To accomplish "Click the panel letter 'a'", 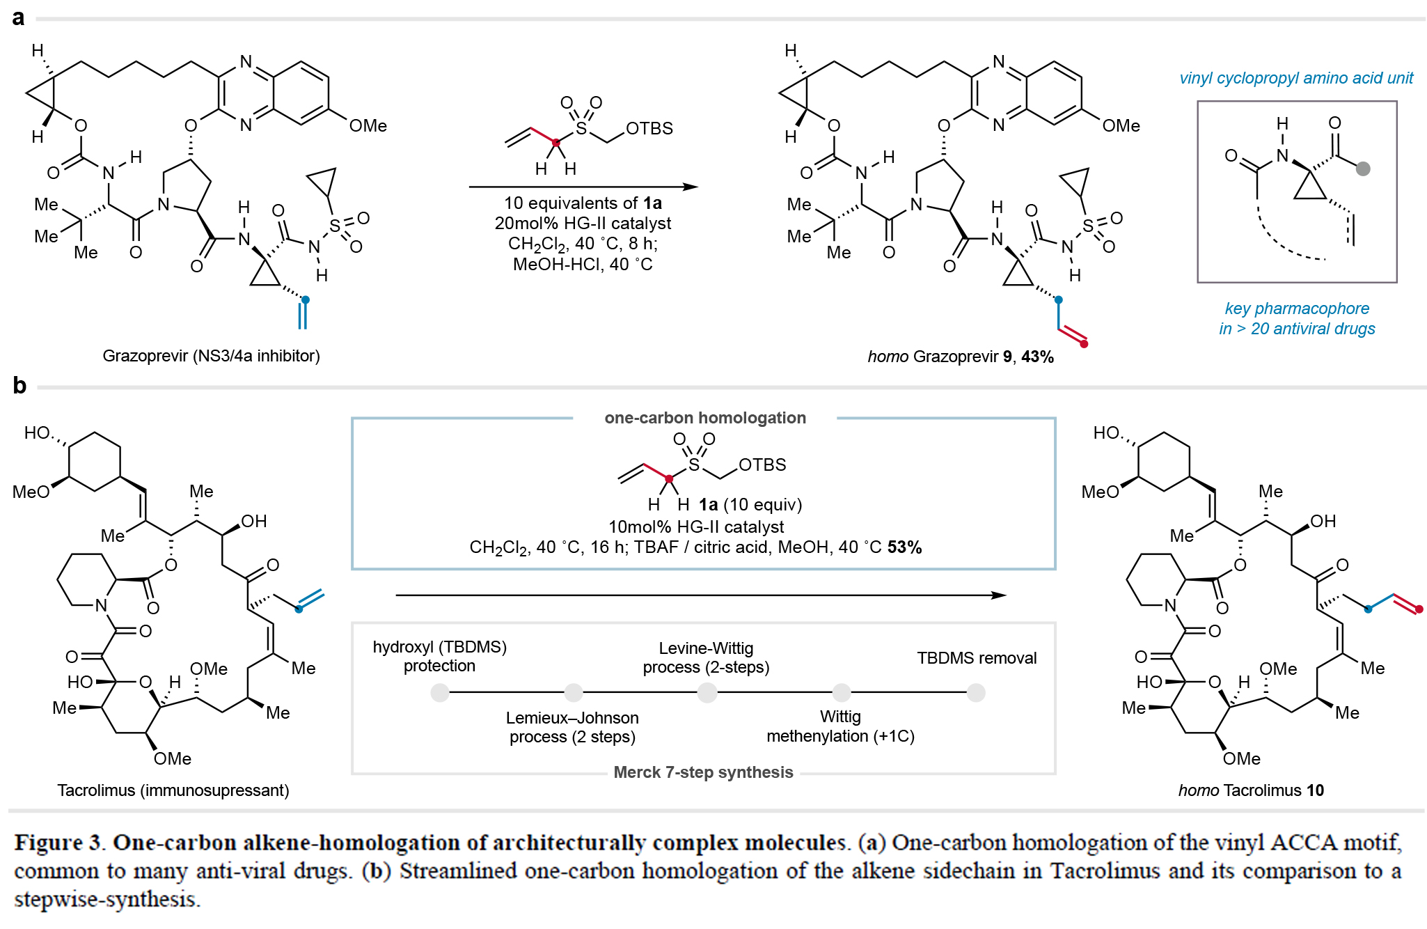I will click(18, 18).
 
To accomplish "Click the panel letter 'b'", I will click(19, 385).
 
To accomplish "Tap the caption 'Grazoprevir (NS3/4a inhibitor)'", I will click(211, 356).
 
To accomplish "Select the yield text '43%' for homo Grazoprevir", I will click(1037, 357).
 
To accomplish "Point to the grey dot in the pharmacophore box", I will click(1363, 169).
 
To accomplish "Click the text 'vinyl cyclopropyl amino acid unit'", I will click(1296, 78).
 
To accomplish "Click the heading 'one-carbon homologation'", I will click(704, 418).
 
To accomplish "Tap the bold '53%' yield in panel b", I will click(904, 547).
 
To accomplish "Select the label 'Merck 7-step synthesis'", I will click(703, 772).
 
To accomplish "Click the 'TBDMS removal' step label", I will click(976, 658).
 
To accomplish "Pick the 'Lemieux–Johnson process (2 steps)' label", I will click(572, 727).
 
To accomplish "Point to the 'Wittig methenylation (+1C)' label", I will click(840, 726).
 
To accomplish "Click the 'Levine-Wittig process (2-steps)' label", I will click(706, 657).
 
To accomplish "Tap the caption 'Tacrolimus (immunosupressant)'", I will click(173, 790).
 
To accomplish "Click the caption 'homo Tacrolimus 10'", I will click(1251, 790).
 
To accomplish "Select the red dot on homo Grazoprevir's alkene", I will click(1084, 344).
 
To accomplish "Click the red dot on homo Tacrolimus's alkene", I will click(1419, 609).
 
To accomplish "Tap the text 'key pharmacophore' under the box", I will click(1297, 309).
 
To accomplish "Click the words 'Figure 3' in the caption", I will click(59, 843).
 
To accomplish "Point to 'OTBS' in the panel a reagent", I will click(649, 129).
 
